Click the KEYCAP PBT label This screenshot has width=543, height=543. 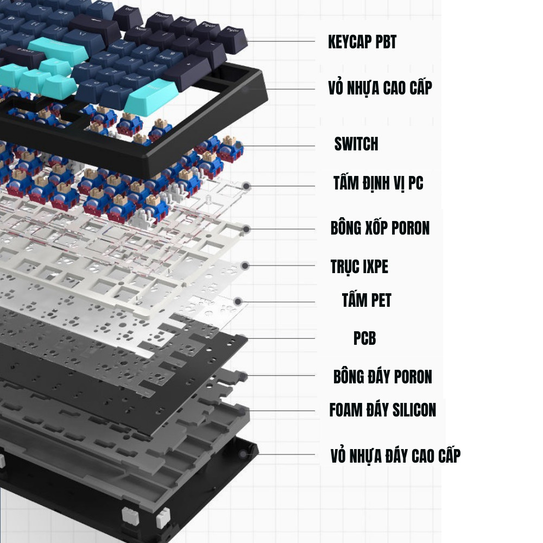coord(362,42)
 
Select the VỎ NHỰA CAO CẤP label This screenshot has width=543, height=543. coord(380,88)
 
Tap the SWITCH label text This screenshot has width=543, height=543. coord(356,144)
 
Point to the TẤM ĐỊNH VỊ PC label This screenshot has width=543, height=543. coord(378,183)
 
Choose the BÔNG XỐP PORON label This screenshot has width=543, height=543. coord(380,228)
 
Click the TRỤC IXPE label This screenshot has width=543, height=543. coord(359,267)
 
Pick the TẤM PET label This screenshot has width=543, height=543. coord(367,300)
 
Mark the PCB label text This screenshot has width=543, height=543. coord(364,338)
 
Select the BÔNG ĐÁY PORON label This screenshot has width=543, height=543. coord(382,376)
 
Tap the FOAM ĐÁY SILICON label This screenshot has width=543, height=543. coord(382,409)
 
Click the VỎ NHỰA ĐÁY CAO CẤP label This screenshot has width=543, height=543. coord(395,456)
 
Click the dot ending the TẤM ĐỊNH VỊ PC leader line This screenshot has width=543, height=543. coord(246,186)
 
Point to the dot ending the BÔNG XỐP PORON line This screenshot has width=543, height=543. coord(246,229)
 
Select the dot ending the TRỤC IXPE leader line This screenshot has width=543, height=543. coord(245,266)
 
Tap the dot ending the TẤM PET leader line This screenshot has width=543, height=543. coord(238,301)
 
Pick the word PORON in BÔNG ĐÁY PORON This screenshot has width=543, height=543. coord(413,376)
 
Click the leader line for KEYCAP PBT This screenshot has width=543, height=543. coord(281,41)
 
